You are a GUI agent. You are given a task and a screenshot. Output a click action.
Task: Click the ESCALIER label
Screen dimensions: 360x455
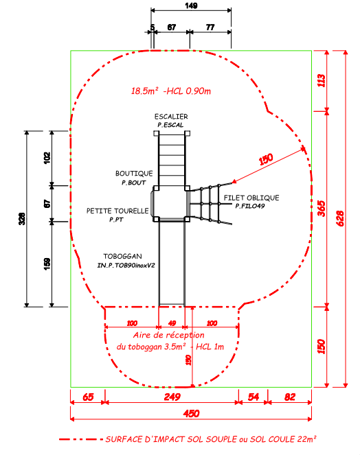click(171, 117)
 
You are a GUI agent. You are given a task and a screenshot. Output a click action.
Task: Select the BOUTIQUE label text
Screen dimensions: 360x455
click(134, 174)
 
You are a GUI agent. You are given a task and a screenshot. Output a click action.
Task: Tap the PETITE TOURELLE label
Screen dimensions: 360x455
click(117, 211)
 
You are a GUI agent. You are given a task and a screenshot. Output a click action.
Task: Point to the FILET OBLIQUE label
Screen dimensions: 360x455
click(251, 198)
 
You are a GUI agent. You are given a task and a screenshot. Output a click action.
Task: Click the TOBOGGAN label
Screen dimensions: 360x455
click(122, 257)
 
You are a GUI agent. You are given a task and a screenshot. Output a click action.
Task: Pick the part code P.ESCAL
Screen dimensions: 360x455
click(170, 125)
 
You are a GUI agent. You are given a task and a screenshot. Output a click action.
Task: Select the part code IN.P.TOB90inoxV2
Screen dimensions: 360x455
click(126, 266)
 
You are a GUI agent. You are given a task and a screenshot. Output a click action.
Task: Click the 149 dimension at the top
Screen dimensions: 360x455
click(191, 5)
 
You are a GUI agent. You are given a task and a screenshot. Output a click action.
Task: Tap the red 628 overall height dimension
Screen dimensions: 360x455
click(340, 218)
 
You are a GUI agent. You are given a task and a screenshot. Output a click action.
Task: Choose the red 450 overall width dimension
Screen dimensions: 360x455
click(191, 414)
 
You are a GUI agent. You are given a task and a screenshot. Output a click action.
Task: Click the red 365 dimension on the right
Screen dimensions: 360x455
click(322, 209)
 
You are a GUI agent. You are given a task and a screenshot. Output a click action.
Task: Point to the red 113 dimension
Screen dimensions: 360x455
click(322, 80)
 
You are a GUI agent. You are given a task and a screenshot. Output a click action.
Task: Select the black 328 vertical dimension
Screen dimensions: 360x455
click(22, 218)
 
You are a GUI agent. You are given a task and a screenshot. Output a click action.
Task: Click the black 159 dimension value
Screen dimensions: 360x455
click(47, 264)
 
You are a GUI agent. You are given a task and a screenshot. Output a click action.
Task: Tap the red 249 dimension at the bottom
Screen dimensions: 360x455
click(172, 397)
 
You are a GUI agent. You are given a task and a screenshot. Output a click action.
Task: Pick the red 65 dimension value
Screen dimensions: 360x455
click(88, 397)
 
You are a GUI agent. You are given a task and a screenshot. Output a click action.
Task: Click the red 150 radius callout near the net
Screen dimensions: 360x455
click(266, 159)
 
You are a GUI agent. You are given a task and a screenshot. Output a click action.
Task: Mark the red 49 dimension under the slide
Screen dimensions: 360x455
click(172, 323)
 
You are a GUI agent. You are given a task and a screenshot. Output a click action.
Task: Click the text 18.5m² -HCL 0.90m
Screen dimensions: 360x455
click(171, 91)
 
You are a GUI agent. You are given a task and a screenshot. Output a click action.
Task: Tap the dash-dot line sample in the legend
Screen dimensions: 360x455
click(81, 439)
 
